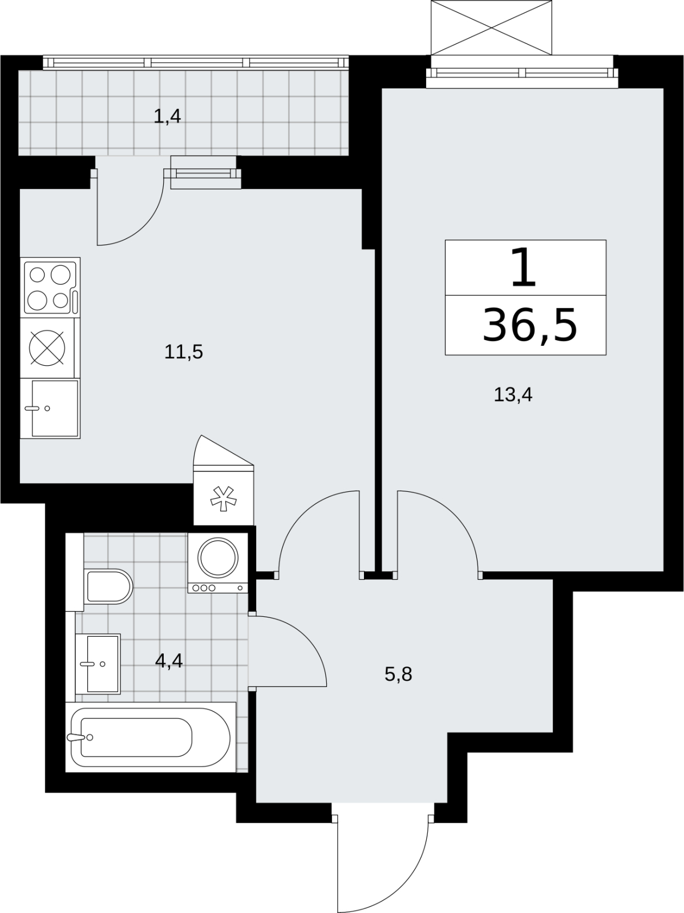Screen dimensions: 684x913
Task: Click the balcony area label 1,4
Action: (x=167, y=116)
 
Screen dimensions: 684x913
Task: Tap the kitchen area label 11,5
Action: (x=183, y=352)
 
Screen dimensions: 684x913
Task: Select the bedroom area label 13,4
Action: (x=513, y=394)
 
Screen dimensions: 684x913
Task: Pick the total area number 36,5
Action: (x=530, y=325)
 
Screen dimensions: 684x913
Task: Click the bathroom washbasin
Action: (x=98, y=664)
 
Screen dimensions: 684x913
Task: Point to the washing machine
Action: (x=218, y=563)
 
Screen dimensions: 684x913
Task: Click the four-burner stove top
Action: (x=50, y=288)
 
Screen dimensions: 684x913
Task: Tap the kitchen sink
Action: (x=50, y=409)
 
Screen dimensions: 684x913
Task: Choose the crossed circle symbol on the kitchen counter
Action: (x=47, y=348)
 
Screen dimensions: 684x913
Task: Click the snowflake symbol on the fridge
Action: (x=224, y=499)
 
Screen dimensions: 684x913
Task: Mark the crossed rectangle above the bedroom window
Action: (x=492, y=27)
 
